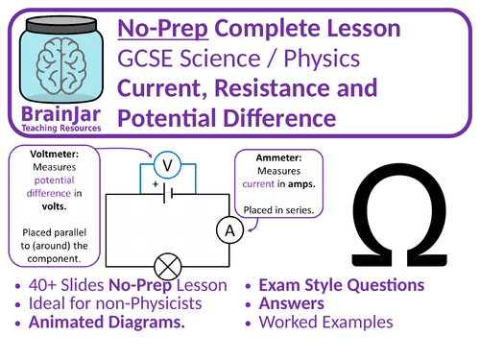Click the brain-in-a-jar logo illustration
point(60,60)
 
